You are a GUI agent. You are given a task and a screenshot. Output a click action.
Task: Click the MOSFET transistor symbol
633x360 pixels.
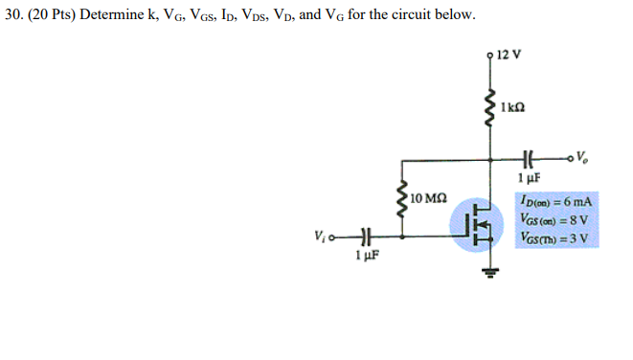pyautogui.click(x=483, y=227)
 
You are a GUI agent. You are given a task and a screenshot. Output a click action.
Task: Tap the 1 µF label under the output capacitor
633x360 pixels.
pyautogui.click(x=529, y=177)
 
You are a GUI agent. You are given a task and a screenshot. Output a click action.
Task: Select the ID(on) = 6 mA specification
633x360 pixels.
pyautogui.click(x=554, y=202)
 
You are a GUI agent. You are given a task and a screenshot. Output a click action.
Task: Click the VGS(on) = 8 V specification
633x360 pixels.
pyautogui.click(x=554, y=219)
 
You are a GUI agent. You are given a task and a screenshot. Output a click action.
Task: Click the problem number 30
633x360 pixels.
pyautogui.click(x=11, y=15)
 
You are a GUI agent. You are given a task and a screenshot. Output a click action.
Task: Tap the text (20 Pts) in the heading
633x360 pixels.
pyautogui.click(x=53, y=15)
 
